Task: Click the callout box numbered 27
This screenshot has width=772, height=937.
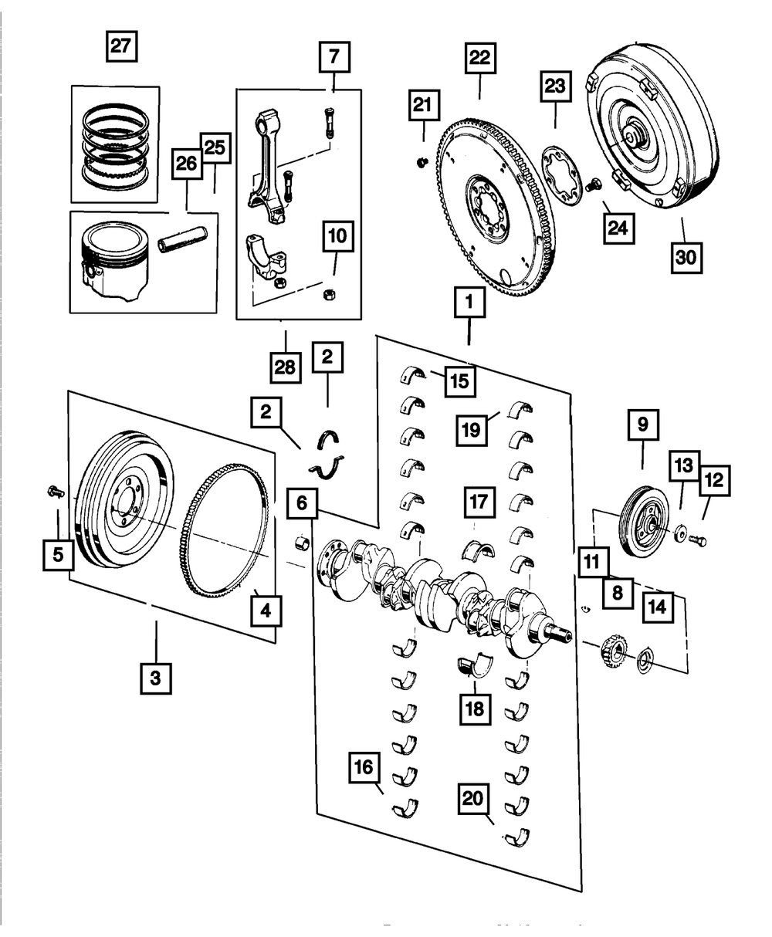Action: pyautogui.click(x=120, y=46)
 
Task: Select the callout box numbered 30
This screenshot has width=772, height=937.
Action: pyautogui.click(x=686, y=256)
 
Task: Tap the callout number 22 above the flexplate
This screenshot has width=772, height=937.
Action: pyautogui.click(x=479, y=58)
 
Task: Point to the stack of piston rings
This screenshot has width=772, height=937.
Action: pyautogui.click(x=116, y=142)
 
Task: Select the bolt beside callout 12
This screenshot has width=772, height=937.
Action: pyautogui.click(x=697, y=541)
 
